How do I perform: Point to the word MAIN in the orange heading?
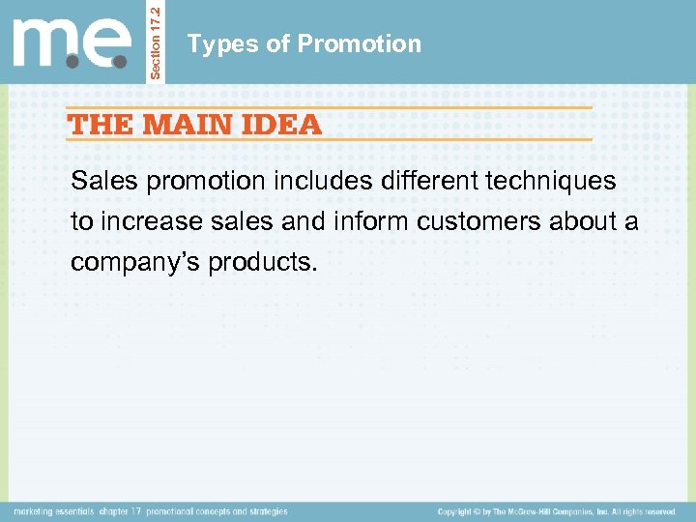186,125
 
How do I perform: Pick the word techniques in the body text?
558,181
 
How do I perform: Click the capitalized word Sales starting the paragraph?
100,181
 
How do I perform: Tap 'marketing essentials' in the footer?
54,511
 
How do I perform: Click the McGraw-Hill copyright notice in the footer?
556,511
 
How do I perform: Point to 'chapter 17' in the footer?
121,511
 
